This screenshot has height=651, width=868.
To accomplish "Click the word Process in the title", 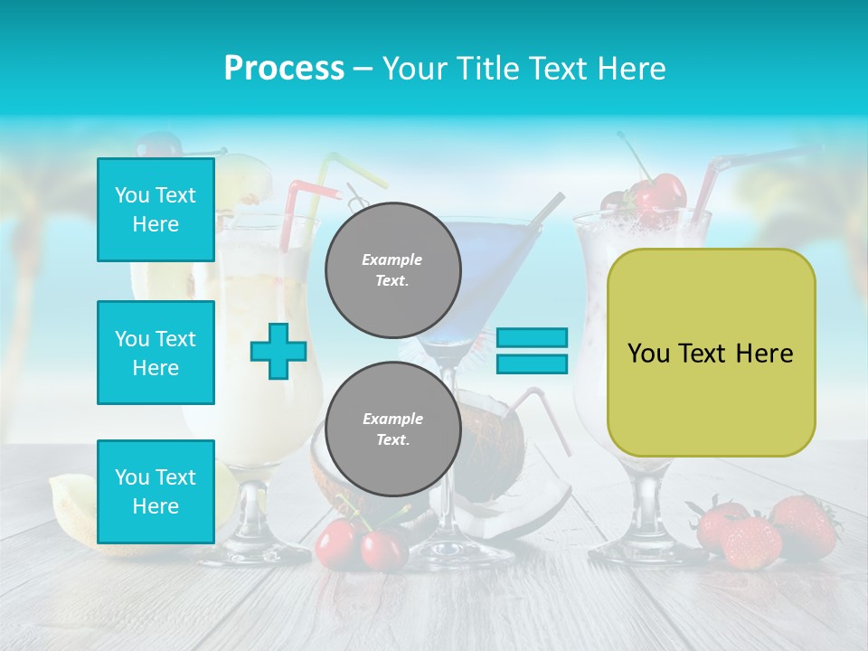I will pyautogui.click(x=284, y=69).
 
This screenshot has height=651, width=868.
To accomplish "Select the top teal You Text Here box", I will pyautogui.click(x=156, y=210).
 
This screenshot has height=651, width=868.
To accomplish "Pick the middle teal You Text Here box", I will pyautogui.click(x=156, y=353).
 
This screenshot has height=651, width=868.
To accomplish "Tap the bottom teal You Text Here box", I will pyautogui.click(x=156, y=491).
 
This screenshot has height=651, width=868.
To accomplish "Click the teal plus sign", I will pyautogui.click(x=278, y=351).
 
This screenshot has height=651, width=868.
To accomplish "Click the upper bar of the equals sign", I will pyautogui.click(x=532, y=338).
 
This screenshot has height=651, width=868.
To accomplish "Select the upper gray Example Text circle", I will pyautogui.click(x=392, y=269).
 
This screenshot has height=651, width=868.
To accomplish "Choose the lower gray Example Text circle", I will pyautogui.click(x=392, y=429).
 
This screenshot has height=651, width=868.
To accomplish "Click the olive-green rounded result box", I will pyautogui.click(x=711, y=353).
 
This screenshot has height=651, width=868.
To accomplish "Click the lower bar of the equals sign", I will pyautogui.click(x=532, y=364).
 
